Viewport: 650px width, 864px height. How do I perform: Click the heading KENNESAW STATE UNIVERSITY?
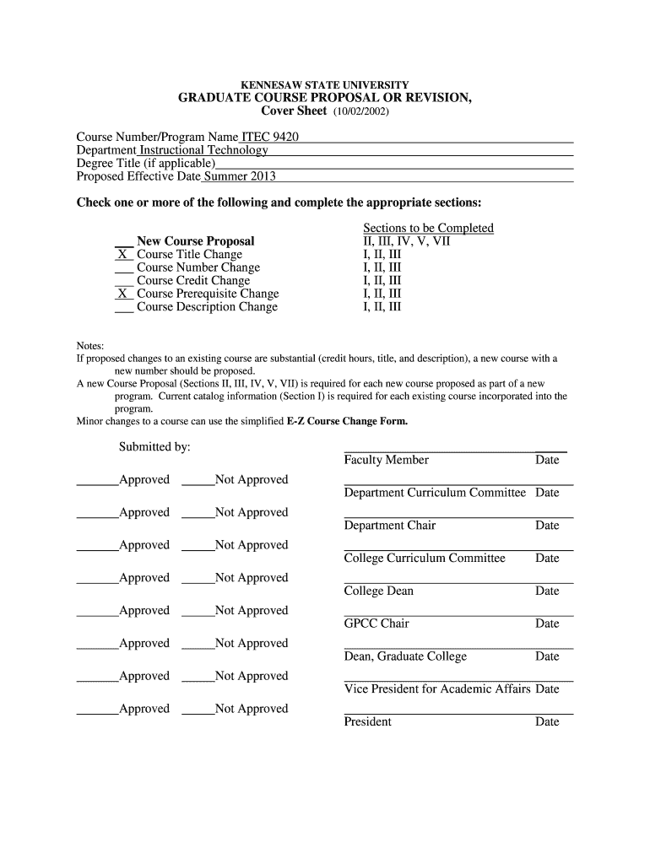325,85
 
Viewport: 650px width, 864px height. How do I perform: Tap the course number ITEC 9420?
270,138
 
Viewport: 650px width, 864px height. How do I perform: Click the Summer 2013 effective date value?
240,176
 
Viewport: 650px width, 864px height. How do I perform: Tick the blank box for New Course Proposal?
123,241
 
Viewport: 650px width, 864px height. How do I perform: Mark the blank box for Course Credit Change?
123,281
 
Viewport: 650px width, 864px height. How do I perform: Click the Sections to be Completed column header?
428,229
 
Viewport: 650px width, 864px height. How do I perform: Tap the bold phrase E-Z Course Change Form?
347,421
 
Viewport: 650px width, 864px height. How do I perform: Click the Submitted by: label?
154,446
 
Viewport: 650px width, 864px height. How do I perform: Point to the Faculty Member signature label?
386,460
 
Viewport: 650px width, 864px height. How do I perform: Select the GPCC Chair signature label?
376,624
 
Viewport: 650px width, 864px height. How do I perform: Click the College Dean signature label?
378,591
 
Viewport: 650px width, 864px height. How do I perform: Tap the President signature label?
367,721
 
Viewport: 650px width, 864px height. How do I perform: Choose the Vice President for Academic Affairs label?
437,689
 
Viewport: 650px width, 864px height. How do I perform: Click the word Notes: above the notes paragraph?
90,346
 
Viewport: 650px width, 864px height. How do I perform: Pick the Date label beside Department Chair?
547,526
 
